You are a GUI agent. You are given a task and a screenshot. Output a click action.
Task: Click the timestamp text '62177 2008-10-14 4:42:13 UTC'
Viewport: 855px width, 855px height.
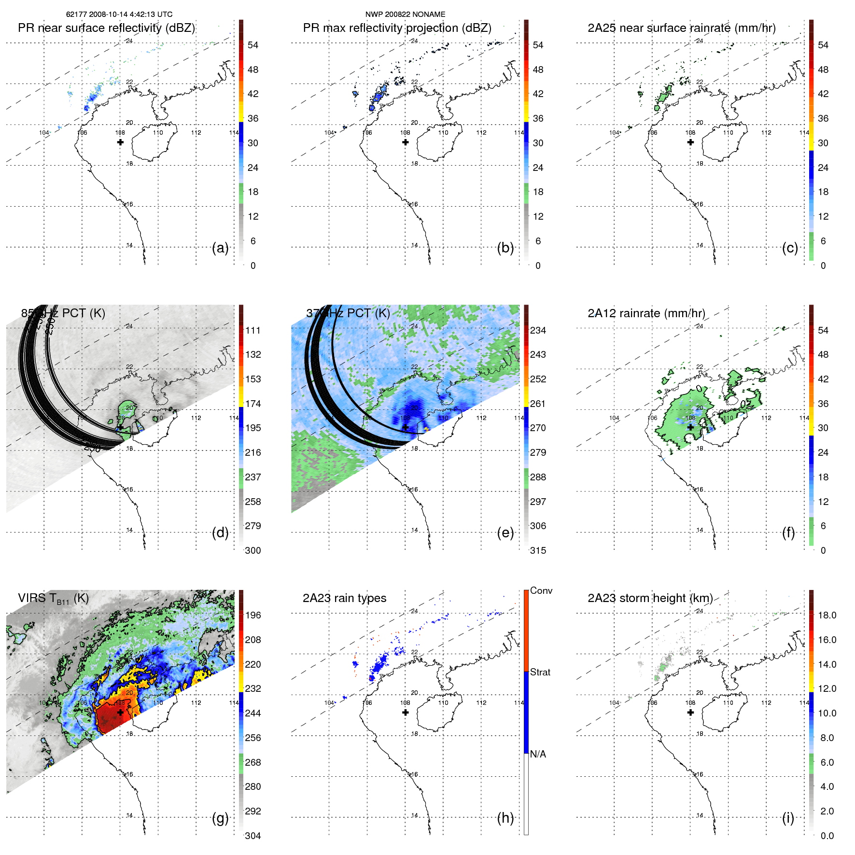click(119, 14)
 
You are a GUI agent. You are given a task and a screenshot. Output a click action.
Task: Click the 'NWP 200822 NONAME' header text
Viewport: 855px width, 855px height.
click(405, 14)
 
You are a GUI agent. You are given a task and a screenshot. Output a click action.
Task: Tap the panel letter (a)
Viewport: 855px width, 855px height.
click(220, 248)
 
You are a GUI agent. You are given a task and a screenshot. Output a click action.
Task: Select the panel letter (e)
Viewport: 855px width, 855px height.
click(505, 533)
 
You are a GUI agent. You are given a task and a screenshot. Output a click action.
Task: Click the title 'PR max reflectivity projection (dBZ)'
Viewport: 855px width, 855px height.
click(397, 28)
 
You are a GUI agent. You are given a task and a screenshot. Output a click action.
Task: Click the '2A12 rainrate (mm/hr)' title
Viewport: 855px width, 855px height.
click(646, 313)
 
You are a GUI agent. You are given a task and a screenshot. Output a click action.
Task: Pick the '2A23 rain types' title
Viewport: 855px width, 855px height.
click(344, 598)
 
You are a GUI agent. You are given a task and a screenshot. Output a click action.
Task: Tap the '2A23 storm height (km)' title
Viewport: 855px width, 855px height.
click(650, 598)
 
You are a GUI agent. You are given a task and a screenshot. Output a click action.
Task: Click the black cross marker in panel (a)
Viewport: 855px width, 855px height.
click(120, 142)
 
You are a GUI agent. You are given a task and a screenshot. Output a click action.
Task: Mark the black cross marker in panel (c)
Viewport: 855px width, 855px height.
click(690, 142)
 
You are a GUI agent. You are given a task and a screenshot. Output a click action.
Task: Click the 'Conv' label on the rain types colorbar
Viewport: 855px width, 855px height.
click(541, 591)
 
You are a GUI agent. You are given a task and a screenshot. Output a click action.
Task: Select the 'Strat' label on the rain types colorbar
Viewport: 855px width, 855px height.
click(540, 673)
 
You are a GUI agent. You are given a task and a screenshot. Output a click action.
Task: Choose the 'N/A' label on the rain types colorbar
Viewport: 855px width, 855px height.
click(538, 754)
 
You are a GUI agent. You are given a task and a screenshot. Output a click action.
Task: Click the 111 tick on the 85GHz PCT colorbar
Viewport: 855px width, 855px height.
click(253, 330)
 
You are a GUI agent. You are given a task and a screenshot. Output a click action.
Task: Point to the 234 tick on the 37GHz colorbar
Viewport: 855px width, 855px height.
click(538, 330)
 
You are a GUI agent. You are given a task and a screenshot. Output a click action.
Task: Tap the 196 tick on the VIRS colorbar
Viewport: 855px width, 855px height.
click(253, 615)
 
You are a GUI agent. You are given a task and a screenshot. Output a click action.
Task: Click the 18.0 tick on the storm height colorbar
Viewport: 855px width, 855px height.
click(827, 615)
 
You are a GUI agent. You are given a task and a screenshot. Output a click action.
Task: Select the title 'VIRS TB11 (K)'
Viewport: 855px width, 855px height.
click(53, 599)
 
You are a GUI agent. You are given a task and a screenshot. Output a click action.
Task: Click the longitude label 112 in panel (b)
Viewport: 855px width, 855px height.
click(481, 133)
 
